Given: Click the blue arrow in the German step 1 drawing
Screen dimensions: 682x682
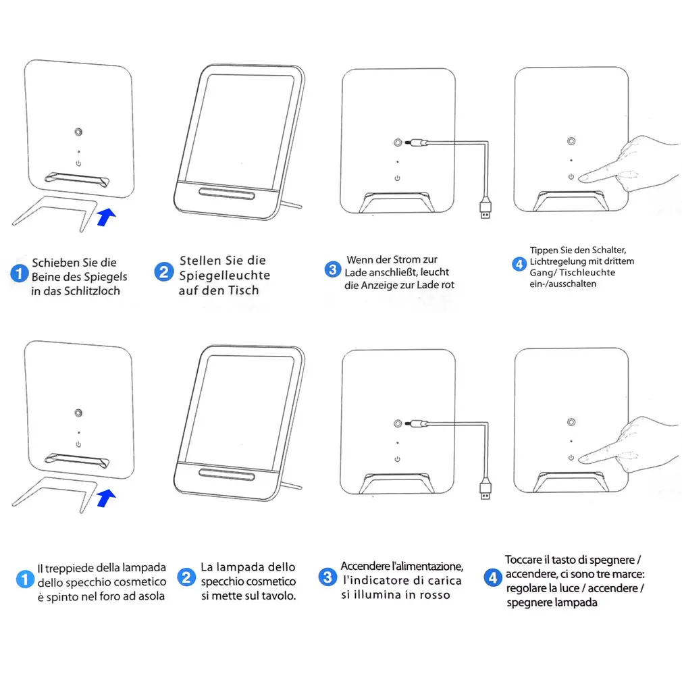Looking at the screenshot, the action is [106, 217].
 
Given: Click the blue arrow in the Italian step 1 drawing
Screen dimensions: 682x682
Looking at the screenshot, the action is [106, 499].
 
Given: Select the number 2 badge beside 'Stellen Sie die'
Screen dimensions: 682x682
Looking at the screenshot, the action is [163, 272].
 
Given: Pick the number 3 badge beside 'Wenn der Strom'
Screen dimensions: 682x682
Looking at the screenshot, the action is [332, 269].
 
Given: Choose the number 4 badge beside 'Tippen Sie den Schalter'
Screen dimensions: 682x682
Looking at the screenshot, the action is [519, 264].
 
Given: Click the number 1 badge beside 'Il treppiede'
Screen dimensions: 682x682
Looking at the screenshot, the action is [25, 579].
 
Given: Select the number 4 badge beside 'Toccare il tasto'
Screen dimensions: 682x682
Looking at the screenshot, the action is [493, 577].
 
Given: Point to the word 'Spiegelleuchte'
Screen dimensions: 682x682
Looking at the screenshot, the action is [224, 276].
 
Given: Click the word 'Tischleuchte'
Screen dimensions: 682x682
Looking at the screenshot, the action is [592, 273].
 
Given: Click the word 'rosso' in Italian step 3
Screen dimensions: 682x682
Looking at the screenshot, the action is [434, 594].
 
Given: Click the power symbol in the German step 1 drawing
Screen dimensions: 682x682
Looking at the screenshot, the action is [78, 163].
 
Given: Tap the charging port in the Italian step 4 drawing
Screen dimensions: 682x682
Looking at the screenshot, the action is [571, 423].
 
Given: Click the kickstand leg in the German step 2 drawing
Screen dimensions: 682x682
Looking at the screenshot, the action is [294, 204].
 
